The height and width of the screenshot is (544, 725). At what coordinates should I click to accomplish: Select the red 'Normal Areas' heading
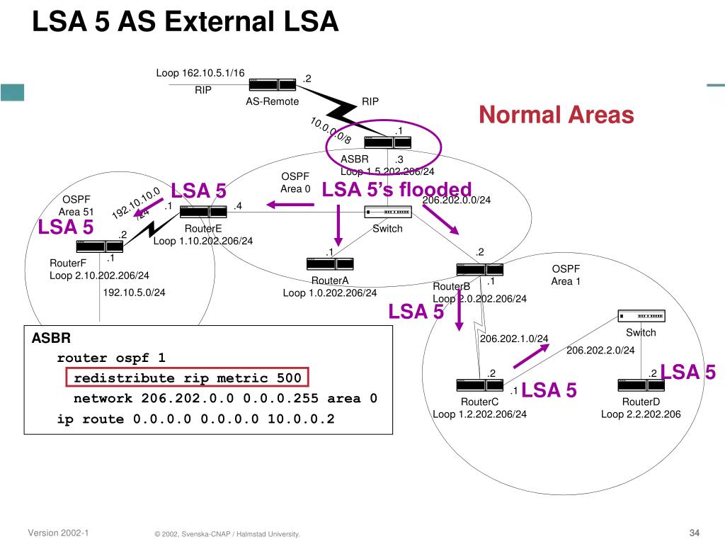(556, 115)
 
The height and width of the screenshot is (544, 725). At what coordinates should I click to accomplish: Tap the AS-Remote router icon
(273, 84)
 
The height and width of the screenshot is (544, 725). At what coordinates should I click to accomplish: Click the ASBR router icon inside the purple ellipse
(388, 142)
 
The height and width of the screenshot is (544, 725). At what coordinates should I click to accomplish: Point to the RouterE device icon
(202, 211)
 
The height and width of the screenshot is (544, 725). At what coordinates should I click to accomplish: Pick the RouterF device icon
(99, 246)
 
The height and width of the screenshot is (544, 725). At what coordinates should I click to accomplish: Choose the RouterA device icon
(330, 263)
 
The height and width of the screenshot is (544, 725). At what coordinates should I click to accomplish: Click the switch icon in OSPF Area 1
(641, 316)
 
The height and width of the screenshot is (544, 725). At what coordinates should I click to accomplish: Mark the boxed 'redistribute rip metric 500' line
(188, 378)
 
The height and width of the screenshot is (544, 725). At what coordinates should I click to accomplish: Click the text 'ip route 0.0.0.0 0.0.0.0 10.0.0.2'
(195, 419)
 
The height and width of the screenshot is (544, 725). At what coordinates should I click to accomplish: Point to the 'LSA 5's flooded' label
(396, 190)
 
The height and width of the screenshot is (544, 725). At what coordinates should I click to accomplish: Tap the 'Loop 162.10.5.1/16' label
(200, 73)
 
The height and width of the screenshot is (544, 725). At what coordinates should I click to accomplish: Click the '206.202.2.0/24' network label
(600, 350)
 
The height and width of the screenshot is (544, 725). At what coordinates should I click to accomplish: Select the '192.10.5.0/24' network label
(135, 292)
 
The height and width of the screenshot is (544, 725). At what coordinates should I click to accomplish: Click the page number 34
(694, 533)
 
